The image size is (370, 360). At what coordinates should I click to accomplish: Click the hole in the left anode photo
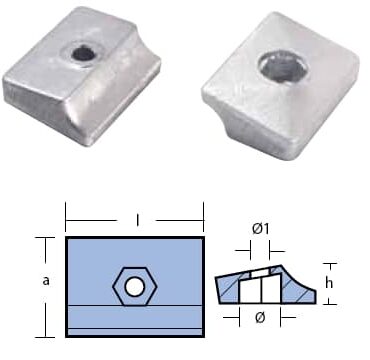pos(82,54)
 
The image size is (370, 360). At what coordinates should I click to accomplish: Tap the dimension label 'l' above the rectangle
pos(138,220)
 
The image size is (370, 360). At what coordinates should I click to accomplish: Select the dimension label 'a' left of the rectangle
pos(46,281)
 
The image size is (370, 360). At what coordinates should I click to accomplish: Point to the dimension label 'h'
pos(330,283)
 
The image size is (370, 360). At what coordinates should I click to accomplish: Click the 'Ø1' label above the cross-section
pos(260,229)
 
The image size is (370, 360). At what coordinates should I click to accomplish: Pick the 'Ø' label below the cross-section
pos(260,318)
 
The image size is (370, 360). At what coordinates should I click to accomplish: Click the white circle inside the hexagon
pos(135,287)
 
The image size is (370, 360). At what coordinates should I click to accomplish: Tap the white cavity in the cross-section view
pos(260,288)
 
